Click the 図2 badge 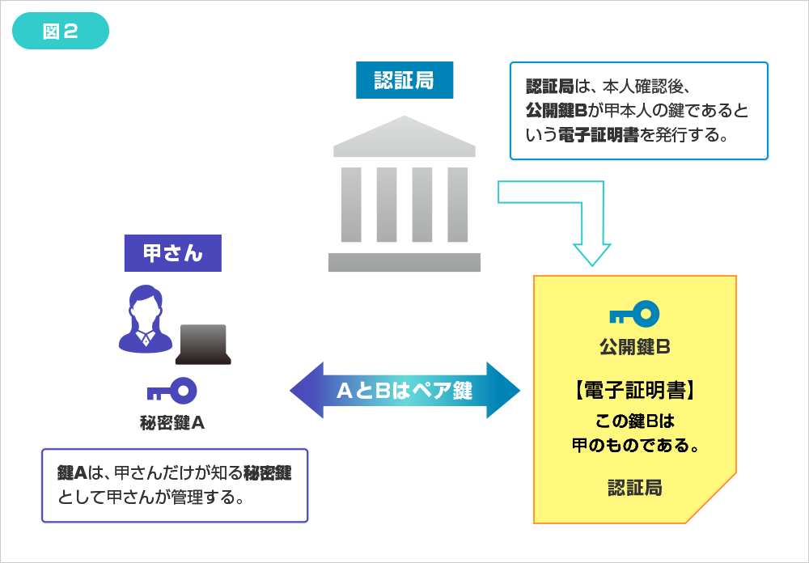pyautogui.click(x=61, y=32)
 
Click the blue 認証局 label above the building pyautogui.click(x=404, y=79)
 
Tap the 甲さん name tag pyautogui.click(x=172, y=253)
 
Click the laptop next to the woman pyautogui.click(x=203, y=344)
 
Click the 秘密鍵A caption pyautogui.click(x=172, y=421)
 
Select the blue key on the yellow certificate pyautogui.click(x=634, y=313)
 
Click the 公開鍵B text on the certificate pyautogui.click(x=634, y=347)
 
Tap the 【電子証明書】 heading pyautogui.click(x=634, y=392)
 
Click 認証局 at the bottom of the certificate pyautogui.click(x=634, y=488)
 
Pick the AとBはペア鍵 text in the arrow pyautogui.click(x=404, y=390)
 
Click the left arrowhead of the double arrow pyautogui.click(x=306, y=390)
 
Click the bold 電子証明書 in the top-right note pyautogui.click(x=588, y=135)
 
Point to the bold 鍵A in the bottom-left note pyautogui.click(x=72, y=473)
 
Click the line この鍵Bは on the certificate pyautogui.click(x=634, y=421)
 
